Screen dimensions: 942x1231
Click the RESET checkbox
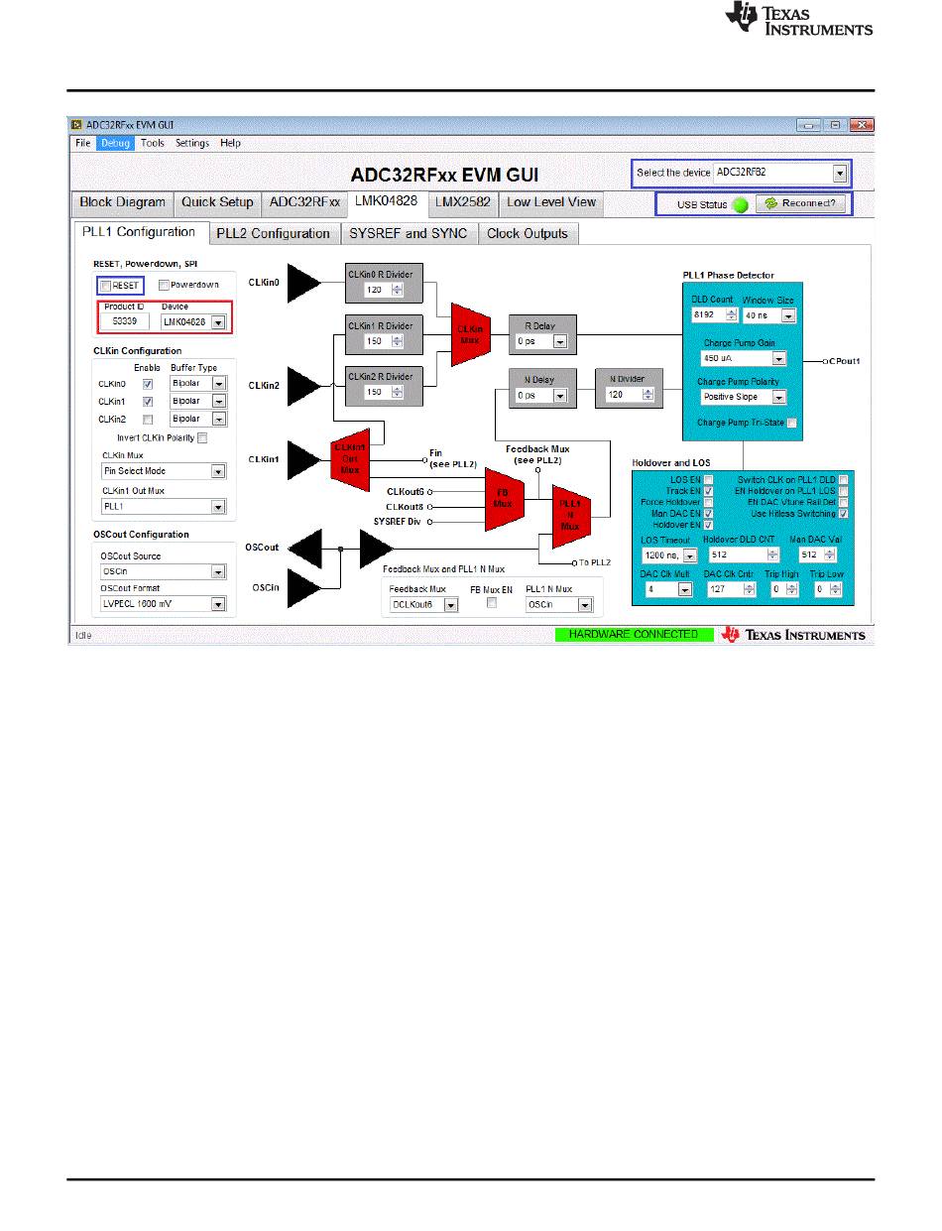coord(106,285)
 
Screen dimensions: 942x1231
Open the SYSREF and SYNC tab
coord(408,233)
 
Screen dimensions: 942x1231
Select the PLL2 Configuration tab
coord(273,233)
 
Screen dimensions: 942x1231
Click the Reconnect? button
coord(801,203)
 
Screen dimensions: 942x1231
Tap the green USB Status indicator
coord(740,204)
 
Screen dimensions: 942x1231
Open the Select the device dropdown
coord(840,173)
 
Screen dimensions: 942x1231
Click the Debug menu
coord(113,143)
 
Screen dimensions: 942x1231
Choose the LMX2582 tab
coord(462,201)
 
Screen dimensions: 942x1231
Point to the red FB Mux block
coord(503,497)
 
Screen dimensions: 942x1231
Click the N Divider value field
coord(626,395)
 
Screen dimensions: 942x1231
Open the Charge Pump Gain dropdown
coord(778,359)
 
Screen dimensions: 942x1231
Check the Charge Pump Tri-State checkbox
coord(791,423)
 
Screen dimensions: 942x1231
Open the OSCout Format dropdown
coord(218,604)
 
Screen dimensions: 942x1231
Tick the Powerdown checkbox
coord(165,285)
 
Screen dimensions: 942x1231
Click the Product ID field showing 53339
coord(124,322)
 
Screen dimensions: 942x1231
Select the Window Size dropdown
coord(788,315)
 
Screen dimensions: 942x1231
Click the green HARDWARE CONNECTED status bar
coord(633,635)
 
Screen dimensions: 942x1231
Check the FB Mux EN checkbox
coord(491,603)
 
